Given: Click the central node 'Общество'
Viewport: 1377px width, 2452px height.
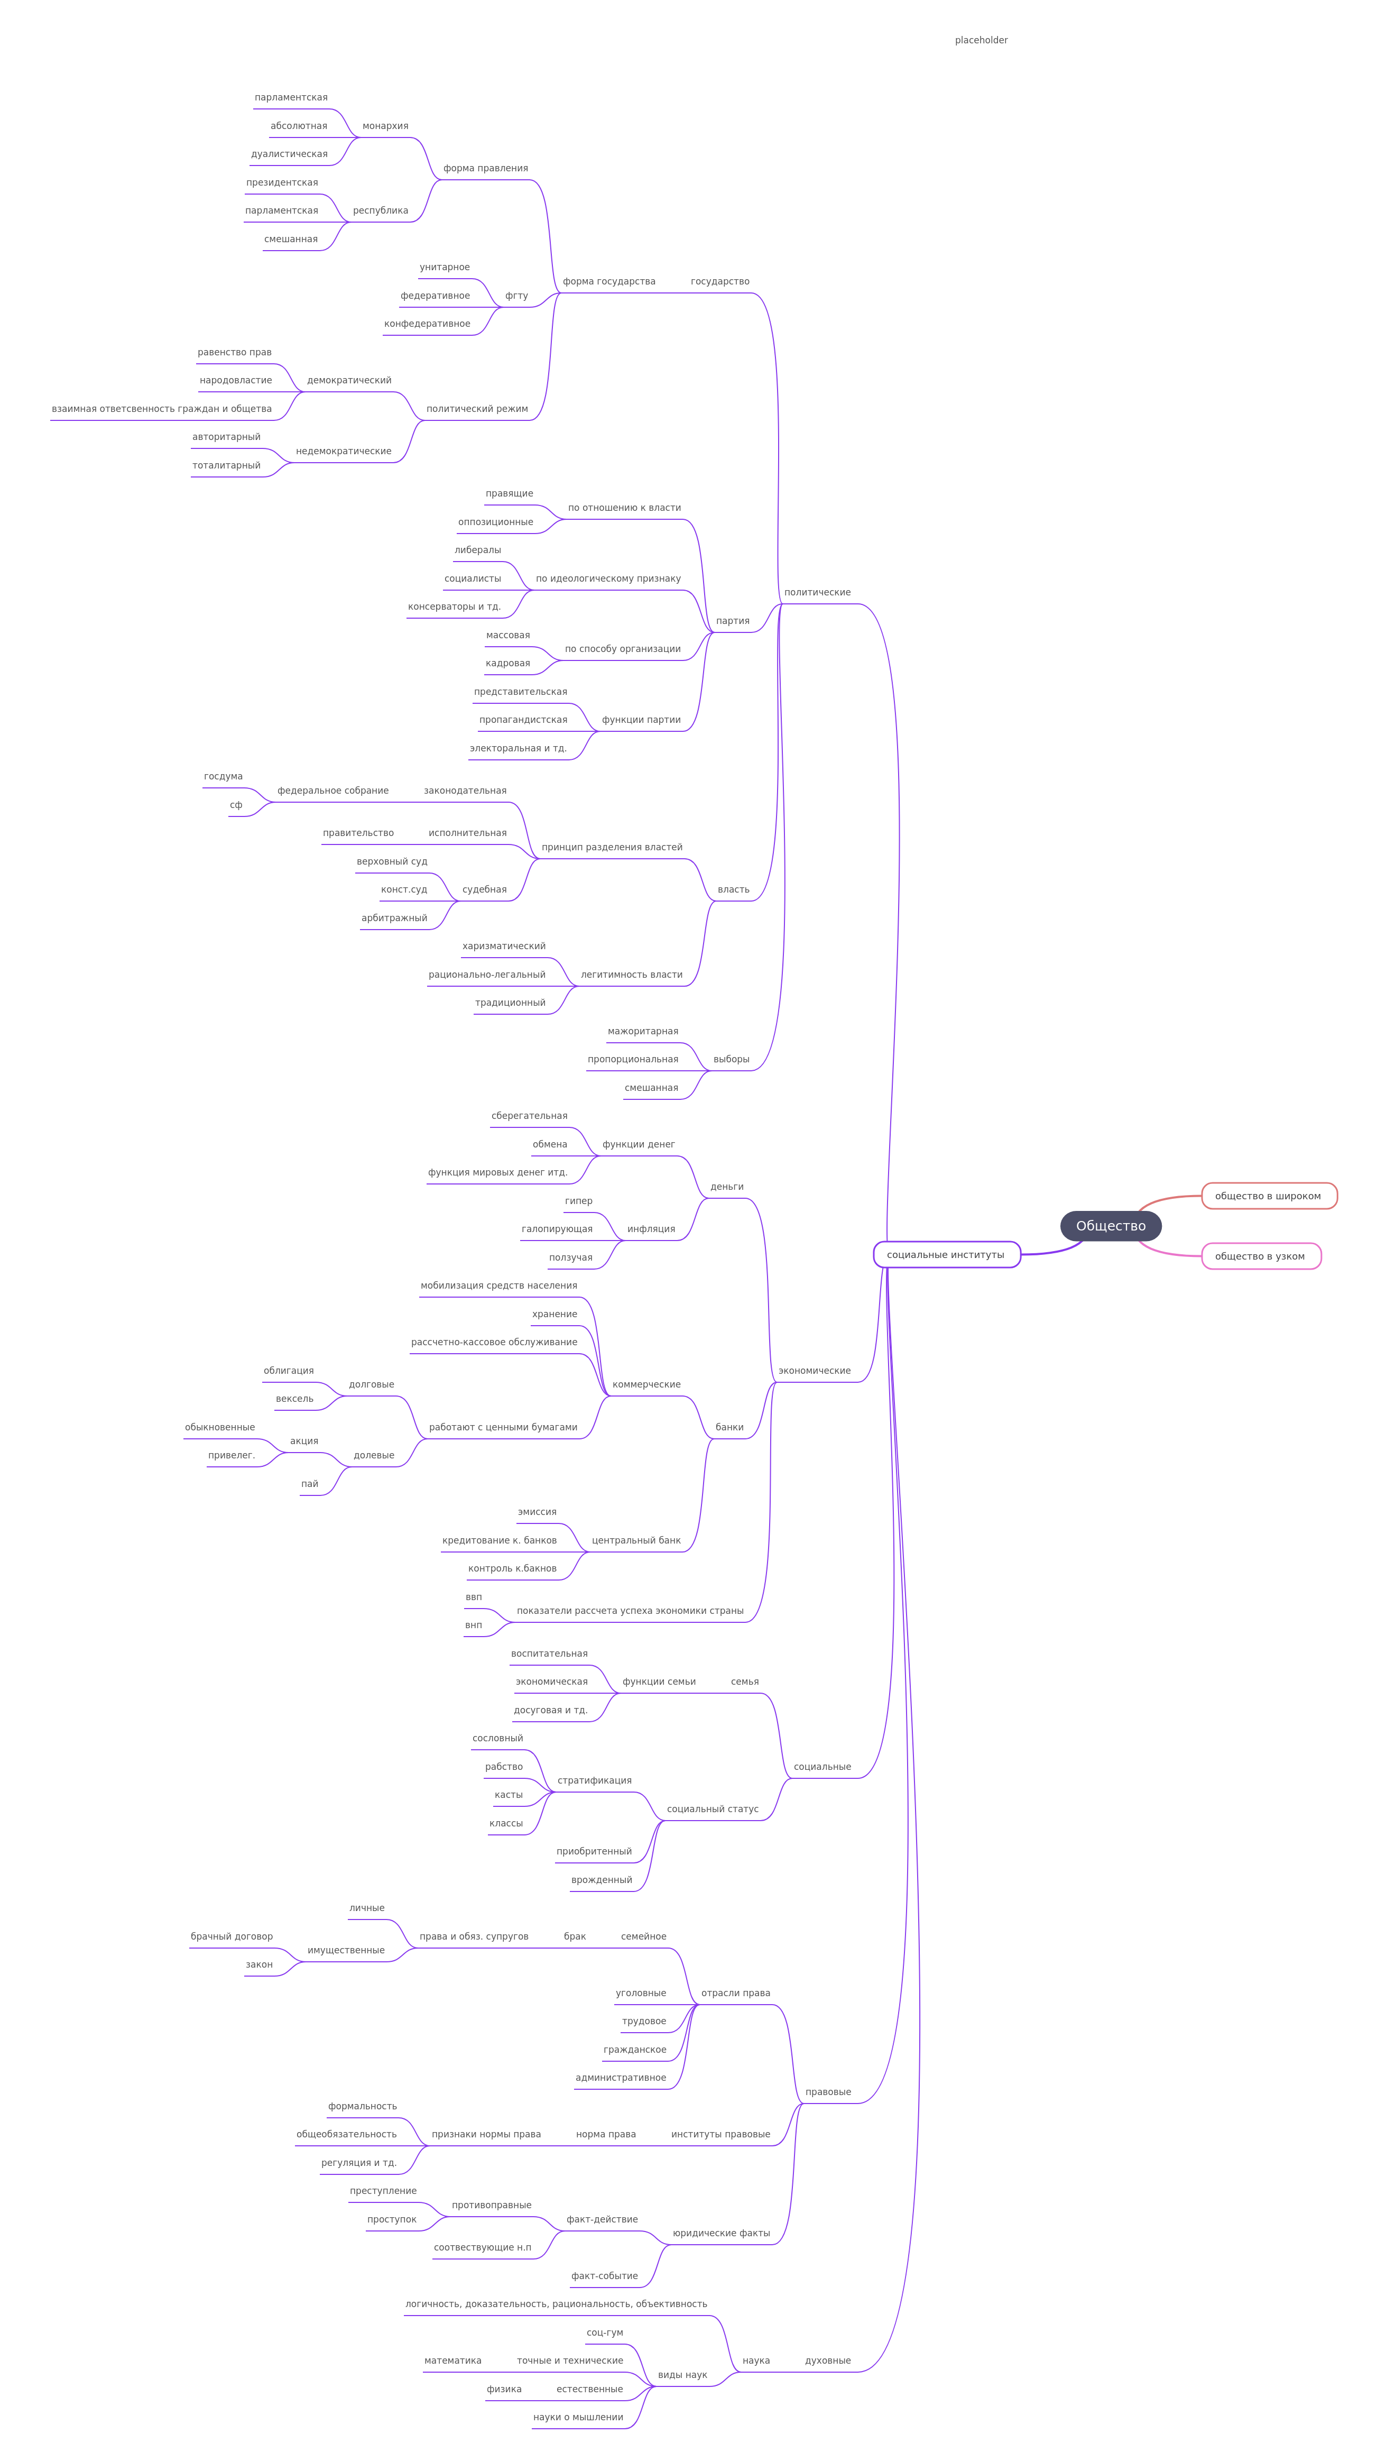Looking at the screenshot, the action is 1111,1226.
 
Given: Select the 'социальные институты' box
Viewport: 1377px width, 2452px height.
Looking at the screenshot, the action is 946,1255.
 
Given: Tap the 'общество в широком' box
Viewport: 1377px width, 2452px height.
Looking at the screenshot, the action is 1269,1196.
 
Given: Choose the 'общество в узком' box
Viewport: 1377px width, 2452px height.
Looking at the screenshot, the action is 1260,1256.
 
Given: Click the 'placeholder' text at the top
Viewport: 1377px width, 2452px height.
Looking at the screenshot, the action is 981,40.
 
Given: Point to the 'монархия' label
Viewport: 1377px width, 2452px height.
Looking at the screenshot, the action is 385,126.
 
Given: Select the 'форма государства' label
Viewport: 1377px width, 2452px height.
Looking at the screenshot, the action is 609,282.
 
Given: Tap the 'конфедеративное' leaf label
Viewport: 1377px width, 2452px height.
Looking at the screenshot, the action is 427,324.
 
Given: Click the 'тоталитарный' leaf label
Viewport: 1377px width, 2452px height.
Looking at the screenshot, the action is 226,465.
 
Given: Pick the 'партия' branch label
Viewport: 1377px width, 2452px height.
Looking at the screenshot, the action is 733,621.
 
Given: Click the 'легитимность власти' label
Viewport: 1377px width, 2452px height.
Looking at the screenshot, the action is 632,975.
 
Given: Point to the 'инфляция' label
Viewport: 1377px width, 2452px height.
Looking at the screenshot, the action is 651,1229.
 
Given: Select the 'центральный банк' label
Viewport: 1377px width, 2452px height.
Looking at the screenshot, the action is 636,1540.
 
